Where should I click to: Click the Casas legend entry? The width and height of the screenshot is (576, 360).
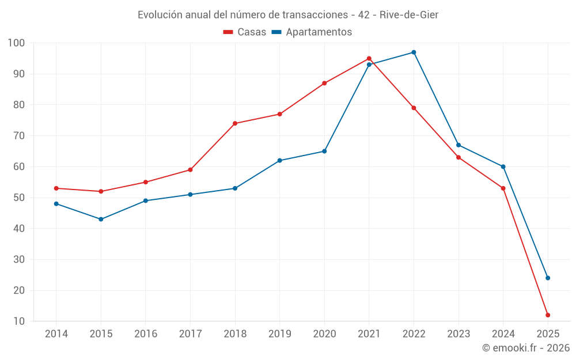pyautogui.click(x=245, y=32)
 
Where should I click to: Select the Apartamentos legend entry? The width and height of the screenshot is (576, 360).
pyautogui.click(x=312, y=32)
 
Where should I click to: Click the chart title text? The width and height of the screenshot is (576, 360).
pyautogui.click(x=288, y=15)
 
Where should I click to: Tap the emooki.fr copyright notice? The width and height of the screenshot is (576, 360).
pyautogui.click(x=526, y=348)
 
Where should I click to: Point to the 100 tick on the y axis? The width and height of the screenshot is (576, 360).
pyautogui.click(x=16, y=43)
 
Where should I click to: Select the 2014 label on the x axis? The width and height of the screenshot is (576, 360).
pyautogui.click(x=56, y=334)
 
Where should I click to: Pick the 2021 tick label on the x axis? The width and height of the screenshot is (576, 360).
pyautogui.click(x=369, y=334)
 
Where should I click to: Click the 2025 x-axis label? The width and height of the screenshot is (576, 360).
pyautogui.click(x=548, y=334)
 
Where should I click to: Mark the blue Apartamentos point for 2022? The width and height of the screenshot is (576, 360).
pyautogui.click(x=414, y=52)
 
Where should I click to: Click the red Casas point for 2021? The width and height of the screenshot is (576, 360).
pyautogui.click(x=369, y=59)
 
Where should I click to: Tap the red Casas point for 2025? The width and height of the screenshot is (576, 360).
pyautogui.click(x=548, y=315)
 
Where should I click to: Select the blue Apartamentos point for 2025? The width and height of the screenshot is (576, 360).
pyautogui.click(x=548, y=278)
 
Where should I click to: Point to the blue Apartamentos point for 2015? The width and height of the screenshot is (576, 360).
pyautogui.click(x=101, y=219)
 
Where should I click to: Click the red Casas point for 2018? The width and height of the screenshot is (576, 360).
pyautogui.click(x=235, y=123)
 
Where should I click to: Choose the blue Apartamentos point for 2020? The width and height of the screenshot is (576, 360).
pyautogui.click(x=324, y=151)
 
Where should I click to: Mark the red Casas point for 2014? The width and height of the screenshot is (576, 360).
pyautogui.click(x=56, y=188)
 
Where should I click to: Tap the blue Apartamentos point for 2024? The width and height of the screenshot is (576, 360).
pyautogui.click(x=503, y=166)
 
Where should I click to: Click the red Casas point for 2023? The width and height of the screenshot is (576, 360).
pyautogui.click(x=458, y=157)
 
